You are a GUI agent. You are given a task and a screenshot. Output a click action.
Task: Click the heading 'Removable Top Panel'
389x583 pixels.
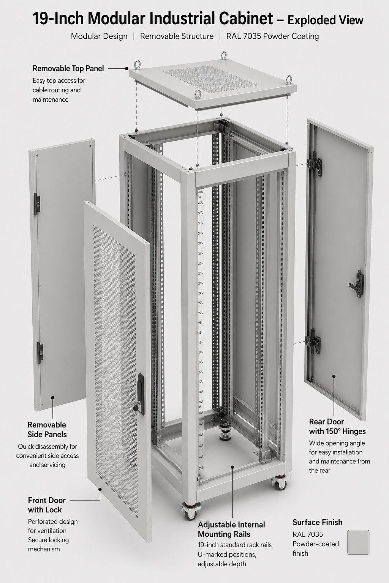pyautogui.click(x=68, y=69)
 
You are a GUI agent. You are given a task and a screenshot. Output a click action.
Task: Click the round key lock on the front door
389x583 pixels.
pyautogui.click(x=136, y=408)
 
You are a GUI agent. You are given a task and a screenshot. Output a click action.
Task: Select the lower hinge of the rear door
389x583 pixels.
pyautogui.click(x=313, y=343)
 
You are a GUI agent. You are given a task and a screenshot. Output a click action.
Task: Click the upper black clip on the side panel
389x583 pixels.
pyautogui.click(x=37, y=204)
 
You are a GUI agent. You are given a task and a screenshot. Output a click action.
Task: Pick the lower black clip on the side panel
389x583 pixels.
pyautogui.click(x=40, y=353)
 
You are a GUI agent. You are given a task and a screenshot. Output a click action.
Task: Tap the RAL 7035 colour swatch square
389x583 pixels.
pyautogui.click(x=358, y=542)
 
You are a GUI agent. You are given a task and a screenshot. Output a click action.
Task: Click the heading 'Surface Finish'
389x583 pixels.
pyautogui.click(x=317, y=522)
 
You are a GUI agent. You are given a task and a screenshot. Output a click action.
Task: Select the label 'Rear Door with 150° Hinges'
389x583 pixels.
pyautogui.click(x=337, y=426)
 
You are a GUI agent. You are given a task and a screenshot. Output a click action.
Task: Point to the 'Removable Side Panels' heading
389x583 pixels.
pyautogui.click(x=47, y=430)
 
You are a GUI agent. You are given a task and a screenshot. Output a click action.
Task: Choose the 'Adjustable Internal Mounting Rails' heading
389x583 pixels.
pyautogui.click(x=231, y=529)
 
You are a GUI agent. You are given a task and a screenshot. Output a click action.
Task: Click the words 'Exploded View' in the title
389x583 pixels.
pyautogui.click(x=325, y=20)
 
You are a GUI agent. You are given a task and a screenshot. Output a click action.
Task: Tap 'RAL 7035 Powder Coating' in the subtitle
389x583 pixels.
pyautogui.click(x=272, y=36)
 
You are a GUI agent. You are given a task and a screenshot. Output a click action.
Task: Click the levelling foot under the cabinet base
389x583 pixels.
pyautogui.click(x=226, y=433)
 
